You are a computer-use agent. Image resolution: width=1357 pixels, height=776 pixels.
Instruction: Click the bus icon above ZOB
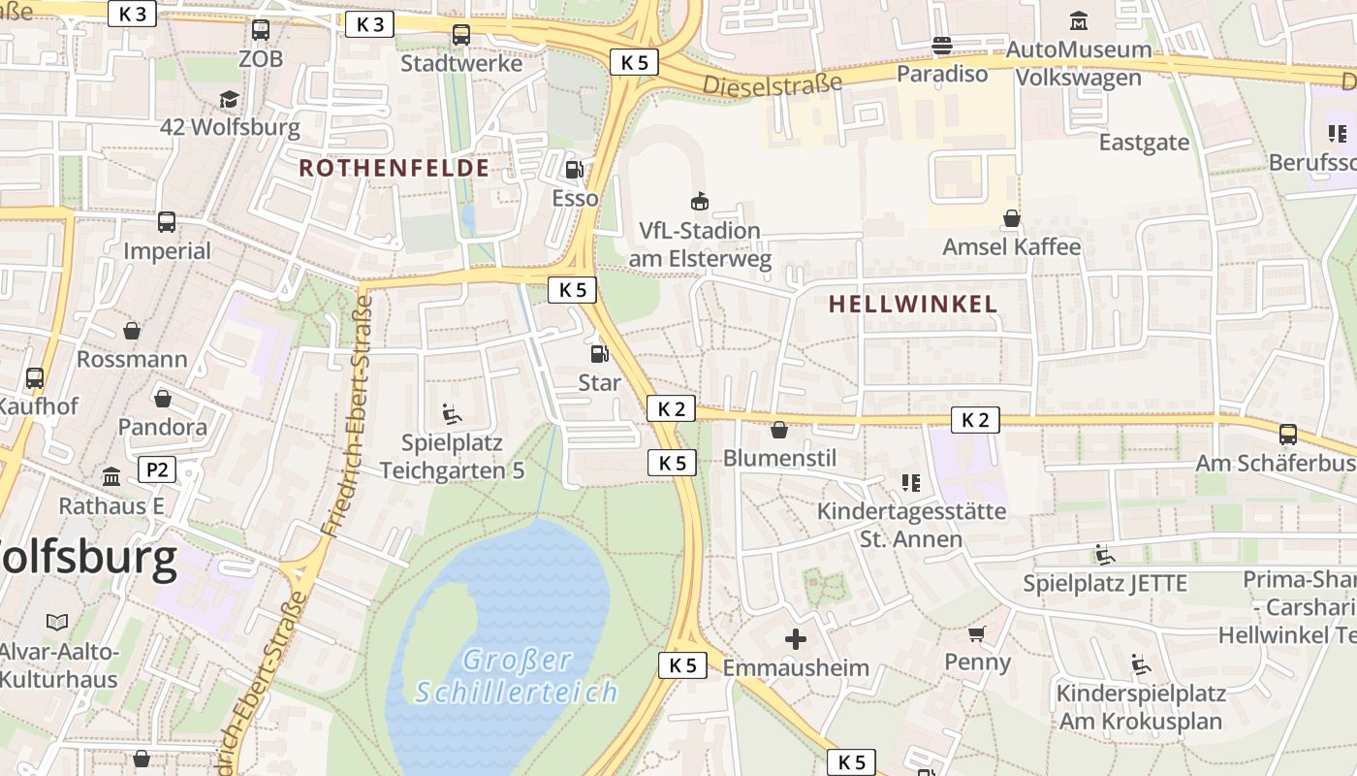pyautogui.click(x=260, y=30)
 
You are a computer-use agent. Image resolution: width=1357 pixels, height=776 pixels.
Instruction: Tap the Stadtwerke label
pyautogui.click(x=461, y=64)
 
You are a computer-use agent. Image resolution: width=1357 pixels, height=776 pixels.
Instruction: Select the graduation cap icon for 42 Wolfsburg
pyautogui.click(x=229, y=99)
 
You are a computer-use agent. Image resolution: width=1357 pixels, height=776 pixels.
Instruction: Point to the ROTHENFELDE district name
pyautogui.click(x=394, y=168)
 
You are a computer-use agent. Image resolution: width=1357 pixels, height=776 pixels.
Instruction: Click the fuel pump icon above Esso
pyautogui.click(x=575, y=170)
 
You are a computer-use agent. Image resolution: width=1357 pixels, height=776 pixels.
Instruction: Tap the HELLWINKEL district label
pyautogui.click(x=913, y=304)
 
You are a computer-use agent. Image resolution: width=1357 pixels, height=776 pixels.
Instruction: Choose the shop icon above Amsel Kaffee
pyautogui.click(x=1011, y=218)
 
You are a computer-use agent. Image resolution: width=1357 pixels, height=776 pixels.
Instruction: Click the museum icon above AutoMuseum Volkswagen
pyautogui.click(x=1078, y=20)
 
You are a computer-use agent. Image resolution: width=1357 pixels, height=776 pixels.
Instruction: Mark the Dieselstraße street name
pyautogui.click(x=772, y=84)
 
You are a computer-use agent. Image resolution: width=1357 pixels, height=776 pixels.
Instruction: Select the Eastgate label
pyautogui.click(x=1144, y=143)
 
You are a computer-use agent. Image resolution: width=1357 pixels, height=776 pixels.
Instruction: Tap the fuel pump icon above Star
pyautogui.click(x=599, y=354)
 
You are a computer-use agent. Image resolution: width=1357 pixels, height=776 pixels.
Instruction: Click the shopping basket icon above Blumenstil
pyautogui.click(x=779, y=430)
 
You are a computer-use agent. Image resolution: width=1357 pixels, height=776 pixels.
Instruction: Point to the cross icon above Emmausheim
pyautogui.click(x=795, y=639)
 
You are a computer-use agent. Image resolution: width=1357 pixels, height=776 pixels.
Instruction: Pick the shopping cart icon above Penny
pyautogui.click(x=977, y=634)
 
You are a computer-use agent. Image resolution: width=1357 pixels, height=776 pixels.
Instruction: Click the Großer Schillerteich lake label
pyautogui.click(x=517, y=676)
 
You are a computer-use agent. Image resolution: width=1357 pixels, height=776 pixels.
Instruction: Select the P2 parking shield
pyautogui.click(x=157, y=470)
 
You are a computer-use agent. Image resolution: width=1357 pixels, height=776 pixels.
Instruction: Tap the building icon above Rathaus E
pyautogui.click(x=111, y=477)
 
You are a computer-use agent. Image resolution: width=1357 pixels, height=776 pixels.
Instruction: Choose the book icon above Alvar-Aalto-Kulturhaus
pyautogui.click(x=58, y=622)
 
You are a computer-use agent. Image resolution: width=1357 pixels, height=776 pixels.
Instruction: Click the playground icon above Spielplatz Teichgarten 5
pyautogui.click(x=452, y=414)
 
